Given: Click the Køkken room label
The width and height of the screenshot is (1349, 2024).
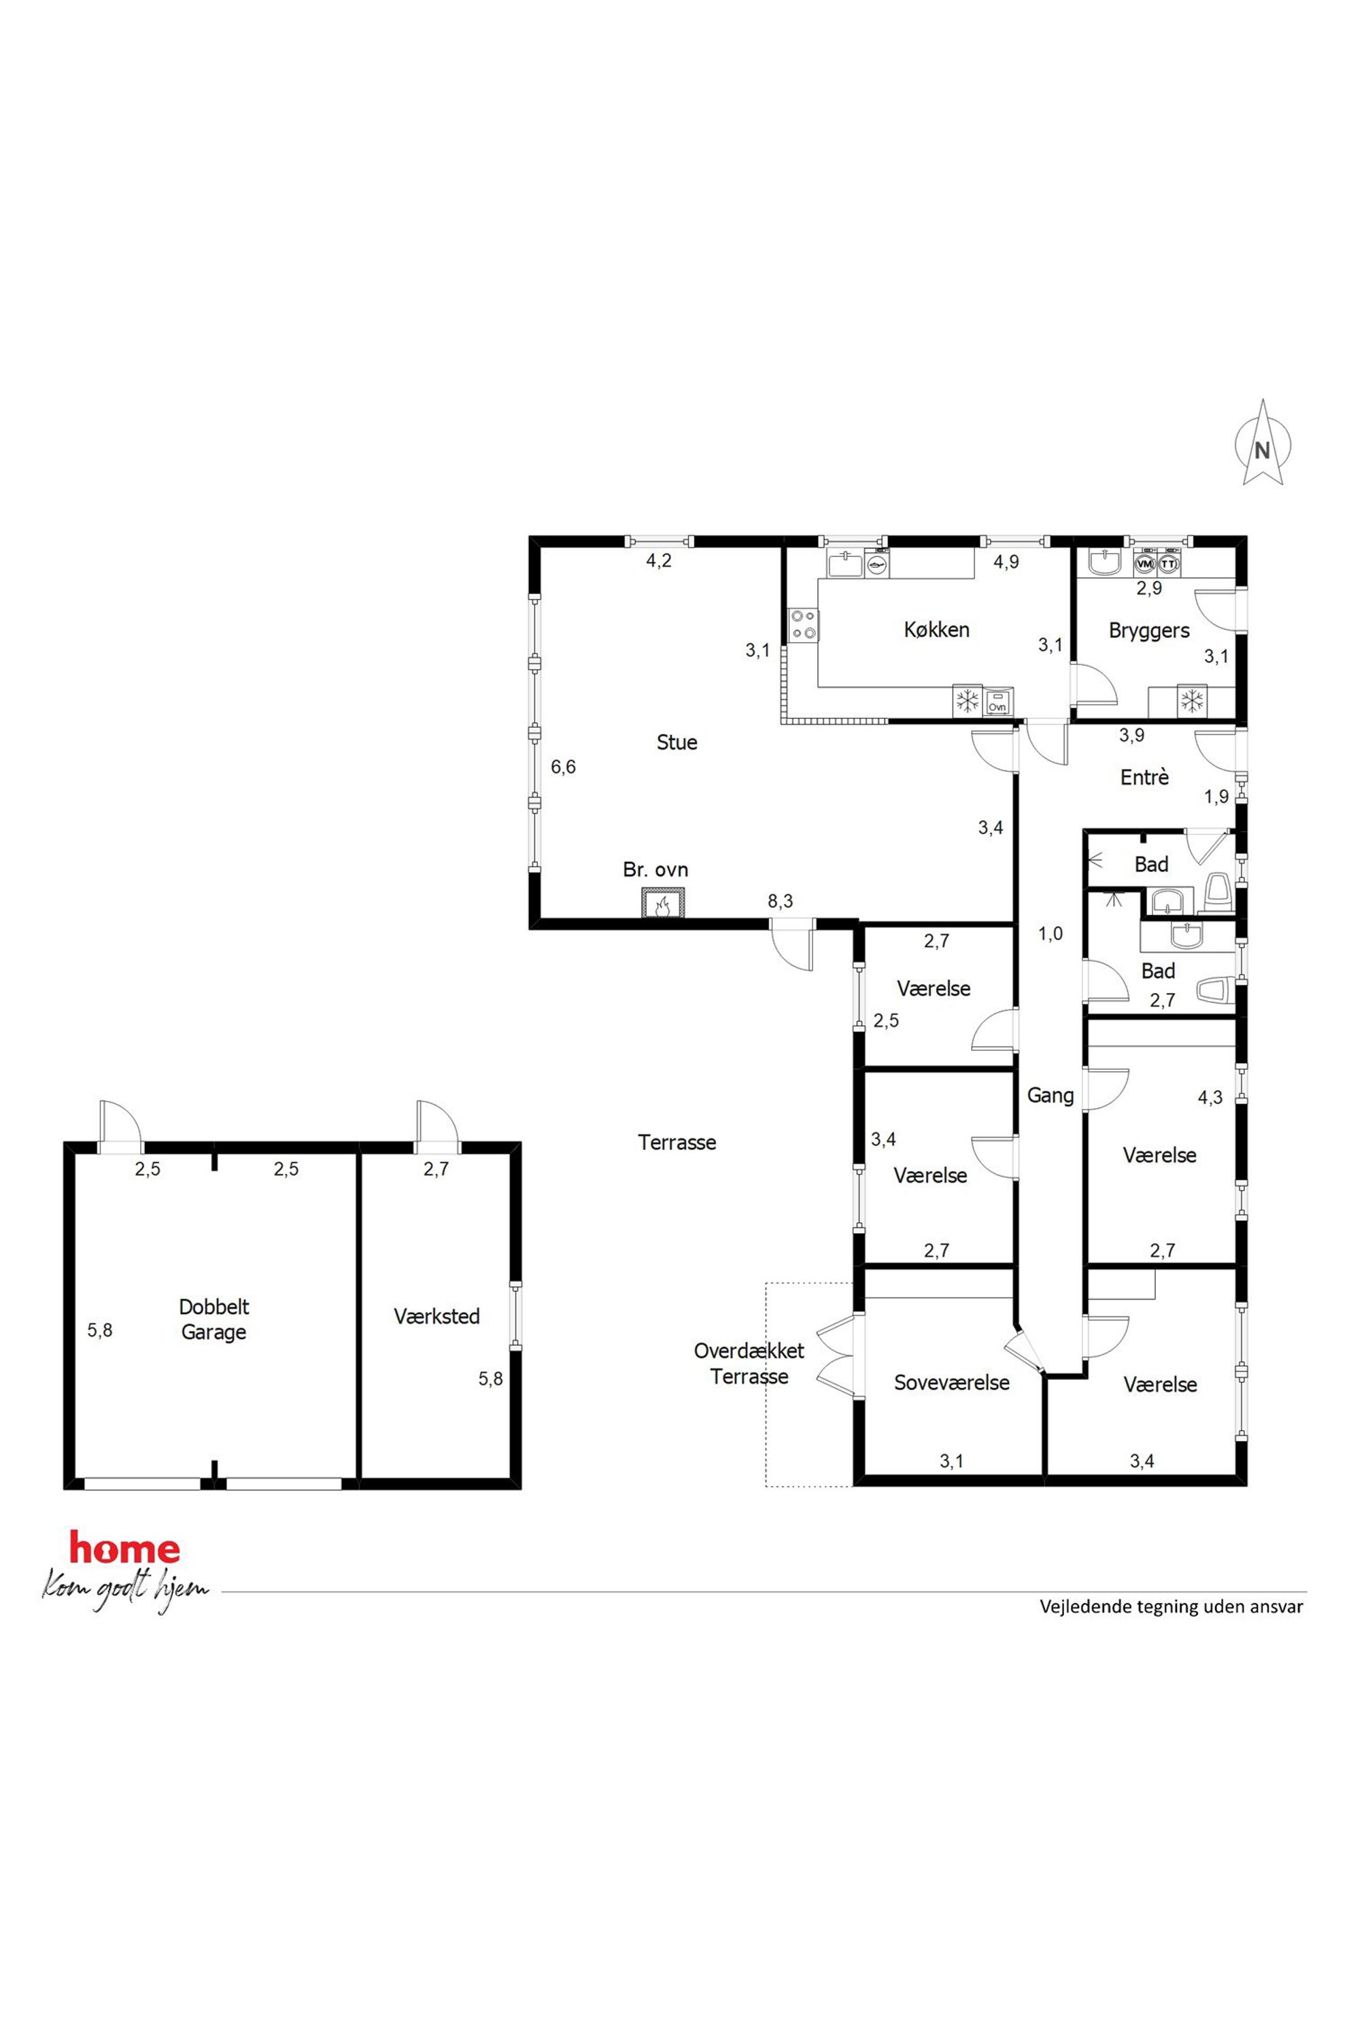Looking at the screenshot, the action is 936,630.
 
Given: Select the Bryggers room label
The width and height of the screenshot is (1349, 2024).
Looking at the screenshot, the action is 1148,630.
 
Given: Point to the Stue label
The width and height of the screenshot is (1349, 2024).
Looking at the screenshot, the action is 677,743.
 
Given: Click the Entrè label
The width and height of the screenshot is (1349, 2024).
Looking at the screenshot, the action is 1144,777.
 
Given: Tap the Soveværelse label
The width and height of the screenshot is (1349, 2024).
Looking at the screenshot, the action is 951,1383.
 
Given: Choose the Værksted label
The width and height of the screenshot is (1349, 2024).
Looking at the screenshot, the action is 437,1316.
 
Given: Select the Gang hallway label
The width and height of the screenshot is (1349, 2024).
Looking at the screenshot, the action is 1051,1096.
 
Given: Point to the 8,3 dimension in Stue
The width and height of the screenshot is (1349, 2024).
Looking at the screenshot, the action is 781,901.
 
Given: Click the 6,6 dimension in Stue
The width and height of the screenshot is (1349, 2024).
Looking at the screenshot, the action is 564,766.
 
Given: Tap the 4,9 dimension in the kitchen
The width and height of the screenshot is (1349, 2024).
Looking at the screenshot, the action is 1006,562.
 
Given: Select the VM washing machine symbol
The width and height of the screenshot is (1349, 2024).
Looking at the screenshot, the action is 1144,564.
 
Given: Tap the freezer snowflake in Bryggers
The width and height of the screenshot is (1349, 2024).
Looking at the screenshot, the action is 1191,701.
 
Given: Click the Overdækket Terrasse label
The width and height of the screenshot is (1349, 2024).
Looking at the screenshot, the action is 749,1363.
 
